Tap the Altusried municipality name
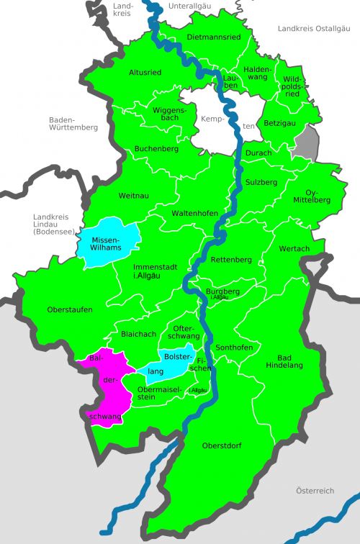coord(145,73)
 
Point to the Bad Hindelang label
coord(290,361)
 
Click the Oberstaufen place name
coord(69,309)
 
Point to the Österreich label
coord(315,490)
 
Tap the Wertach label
coord(294,248)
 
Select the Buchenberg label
coord(156,149)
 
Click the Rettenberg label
coord(232,259)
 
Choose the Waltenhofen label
coord(194,214)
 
